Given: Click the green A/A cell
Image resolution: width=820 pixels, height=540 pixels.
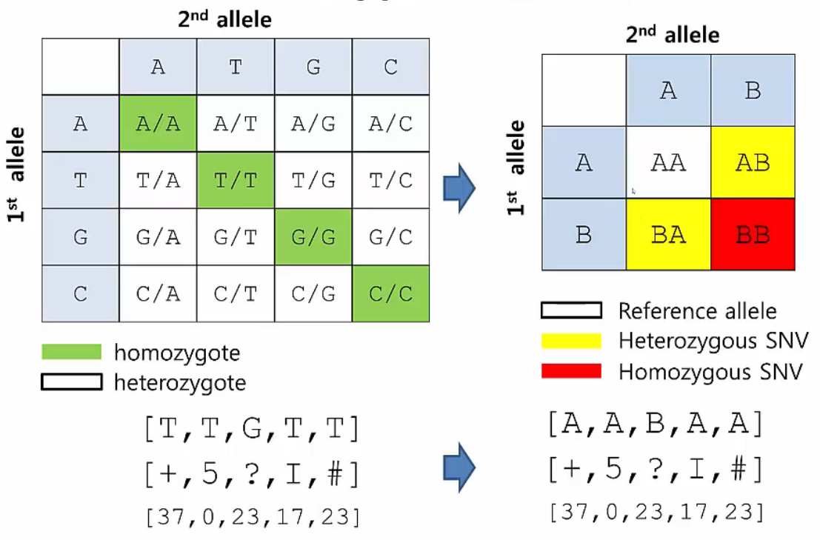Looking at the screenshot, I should click(158, 124).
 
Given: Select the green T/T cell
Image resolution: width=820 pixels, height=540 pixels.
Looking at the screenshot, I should click(236, 181).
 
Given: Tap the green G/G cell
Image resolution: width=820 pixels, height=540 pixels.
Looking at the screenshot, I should click(313, 237).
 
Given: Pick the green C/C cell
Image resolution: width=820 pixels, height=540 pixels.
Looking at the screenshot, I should click(390, 294).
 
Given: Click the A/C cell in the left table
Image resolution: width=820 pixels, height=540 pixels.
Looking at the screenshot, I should click(390, 124).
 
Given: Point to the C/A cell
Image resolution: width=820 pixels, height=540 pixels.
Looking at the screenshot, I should click(158, 294).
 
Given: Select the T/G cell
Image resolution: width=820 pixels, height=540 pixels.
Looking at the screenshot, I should click(313, 181).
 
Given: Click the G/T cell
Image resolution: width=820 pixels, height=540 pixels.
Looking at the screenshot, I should click(236, 237).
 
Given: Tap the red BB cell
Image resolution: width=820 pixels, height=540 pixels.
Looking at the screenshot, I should click(753, 234).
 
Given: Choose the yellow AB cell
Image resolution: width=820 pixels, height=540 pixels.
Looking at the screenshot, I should click(753, 162).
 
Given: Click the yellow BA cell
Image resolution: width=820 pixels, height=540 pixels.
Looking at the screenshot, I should click(669, 234).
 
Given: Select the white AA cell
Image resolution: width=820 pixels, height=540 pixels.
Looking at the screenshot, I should click(669, 162).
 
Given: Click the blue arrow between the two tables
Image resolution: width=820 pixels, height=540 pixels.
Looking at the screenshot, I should click(459, 190).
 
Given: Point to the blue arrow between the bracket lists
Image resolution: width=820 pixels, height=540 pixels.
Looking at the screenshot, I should click(459, 467).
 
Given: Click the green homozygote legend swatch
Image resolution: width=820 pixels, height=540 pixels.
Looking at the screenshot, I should click(71, 352).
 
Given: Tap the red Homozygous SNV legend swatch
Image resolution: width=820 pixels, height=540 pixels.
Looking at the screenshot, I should click(571, 370).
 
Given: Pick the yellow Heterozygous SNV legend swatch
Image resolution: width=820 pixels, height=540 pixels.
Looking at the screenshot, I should click(571, 340).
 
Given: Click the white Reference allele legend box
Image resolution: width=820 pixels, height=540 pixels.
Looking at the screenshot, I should click(571, 310).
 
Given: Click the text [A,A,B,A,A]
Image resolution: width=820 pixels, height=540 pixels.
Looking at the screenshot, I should click(655, 424).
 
